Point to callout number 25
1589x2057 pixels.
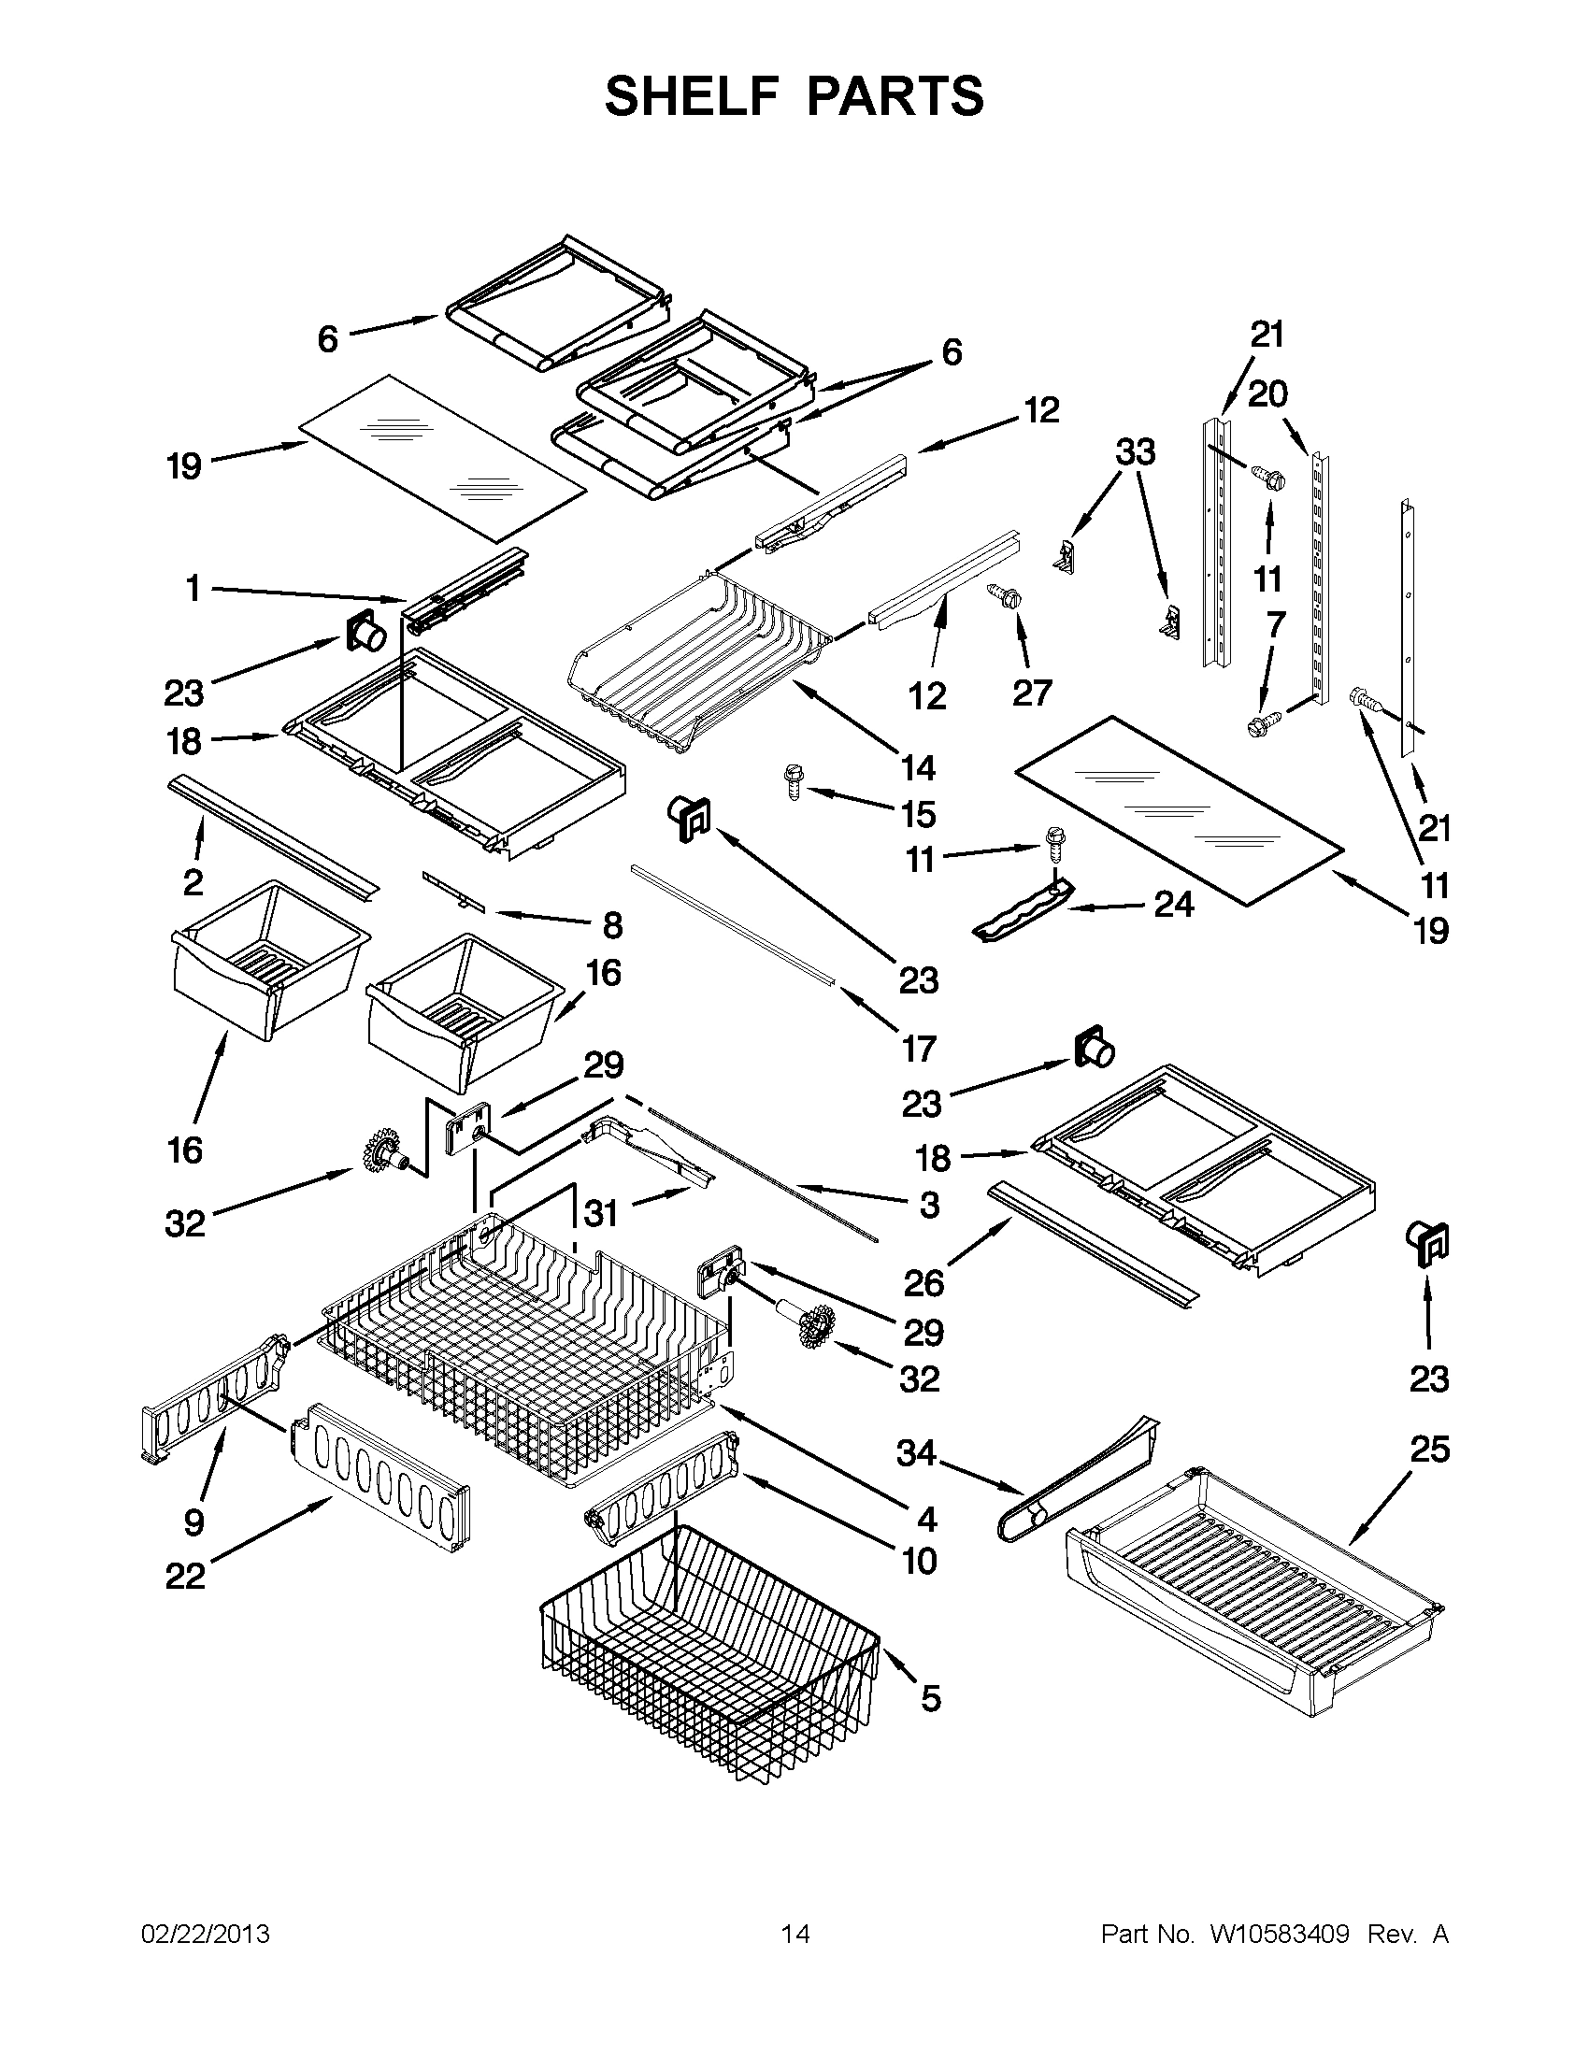1429,1449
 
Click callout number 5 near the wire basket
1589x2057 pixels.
931,1698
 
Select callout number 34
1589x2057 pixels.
915,1453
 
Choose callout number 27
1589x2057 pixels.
1031,693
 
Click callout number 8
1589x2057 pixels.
612,925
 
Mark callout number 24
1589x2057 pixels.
1173,904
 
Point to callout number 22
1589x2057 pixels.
185,1576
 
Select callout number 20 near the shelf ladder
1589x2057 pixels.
1267,393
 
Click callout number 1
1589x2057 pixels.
193,590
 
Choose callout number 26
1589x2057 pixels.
923,1282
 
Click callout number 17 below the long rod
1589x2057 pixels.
919,1048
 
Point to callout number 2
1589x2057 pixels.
193,881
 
